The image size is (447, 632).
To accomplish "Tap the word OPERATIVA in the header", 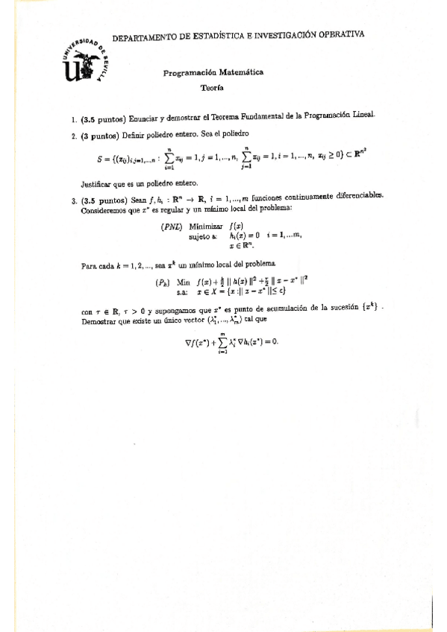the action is point(340,34).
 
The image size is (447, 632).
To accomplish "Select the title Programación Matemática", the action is point(213,73).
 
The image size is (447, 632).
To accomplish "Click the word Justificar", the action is point(100,183).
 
